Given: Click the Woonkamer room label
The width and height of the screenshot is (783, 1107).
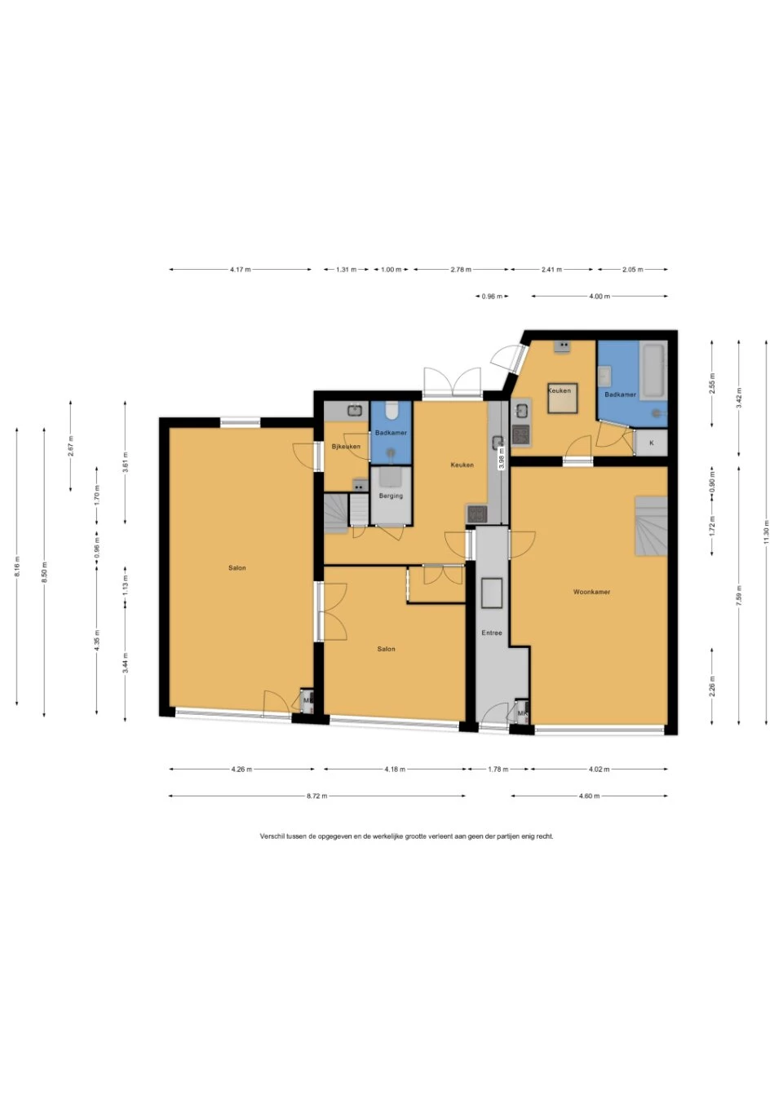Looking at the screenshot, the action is tap(591, 592).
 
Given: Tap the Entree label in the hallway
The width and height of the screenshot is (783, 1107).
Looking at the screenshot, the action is tap(491, 633).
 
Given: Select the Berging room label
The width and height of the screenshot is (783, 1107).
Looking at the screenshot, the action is tap(391, 496).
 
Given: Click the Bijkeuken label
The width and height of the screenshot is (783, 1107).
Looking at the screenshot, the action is tap(346, 446).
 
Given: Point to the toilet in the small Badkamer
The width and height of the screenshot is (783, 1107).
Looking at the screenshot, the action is tap(391, 410).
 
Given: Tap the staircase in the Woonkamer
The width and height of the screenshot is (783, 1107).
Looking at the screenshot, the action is tap(651, 525).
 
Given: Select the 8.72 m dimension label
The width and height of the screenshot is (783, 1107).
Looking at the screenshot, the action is tap(316, 796).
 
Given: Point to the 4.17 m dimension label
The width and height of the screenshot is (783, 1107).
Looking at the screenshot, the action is tap(241, 269).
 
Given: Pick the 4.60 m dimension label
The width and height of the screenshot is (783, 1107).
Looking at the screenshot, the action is tap(589, 796).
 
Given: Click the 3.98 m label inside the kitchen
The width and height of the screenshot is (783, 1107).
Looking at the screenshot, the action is tap(502, 458).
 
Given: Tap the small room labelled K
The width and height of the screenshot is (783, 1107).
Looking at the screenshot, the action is tap(652, 443).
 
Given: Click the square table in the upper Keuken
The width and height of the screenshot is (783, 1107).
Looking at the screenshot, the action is tap(562, 398).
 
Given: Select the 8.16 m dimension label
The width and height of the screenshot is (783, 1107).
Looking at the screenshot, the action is tap(17, 569).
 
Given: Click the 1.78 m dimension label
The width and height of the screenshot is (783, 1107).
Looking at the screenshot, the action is tap(498, 769).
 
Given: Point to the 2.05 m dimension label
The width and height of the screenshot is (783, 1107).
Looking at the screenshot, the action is tap(633, 269).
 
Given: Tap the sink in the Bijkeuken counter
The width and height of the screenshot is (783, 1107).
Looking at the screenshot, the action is tap(355, 410).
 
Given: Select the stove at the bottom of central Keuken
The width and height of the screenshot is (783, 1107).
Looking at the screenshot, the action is tap(476, 514).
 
